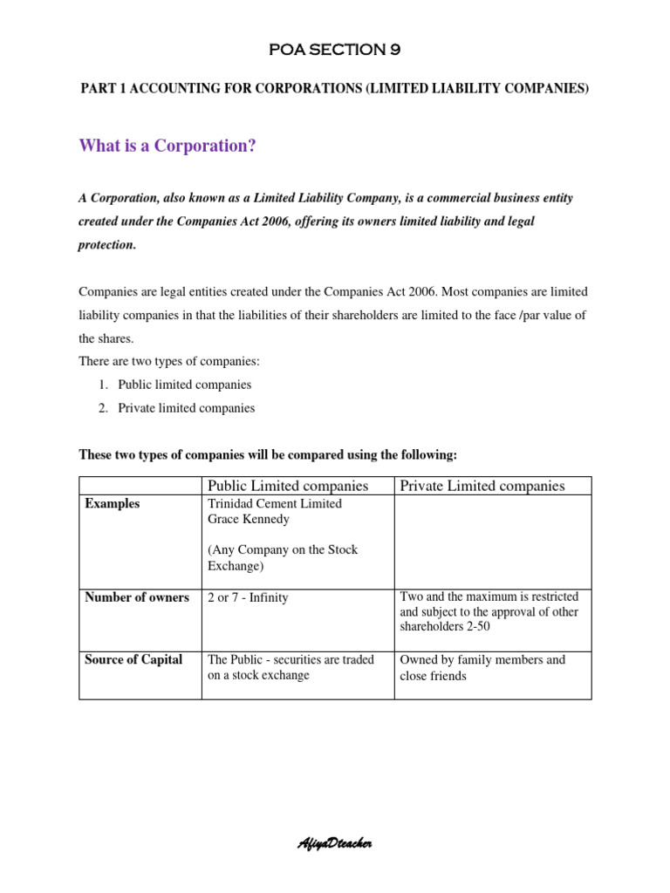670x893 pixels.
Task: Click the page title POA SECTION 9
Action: pos(335,50)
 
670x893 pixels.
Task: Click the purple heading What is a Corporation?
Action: pos(167,146)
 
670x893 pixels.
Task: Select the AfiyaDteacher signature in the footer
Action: pos(336,843)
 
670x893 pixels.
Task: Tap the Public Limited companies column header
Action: pos(287,486)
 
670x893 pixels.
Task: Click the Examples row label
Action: pos(112,504)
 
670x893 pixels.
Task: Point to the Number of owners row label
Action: pos(136,597)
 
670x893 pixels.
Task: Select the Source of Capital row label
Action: pos(133,659)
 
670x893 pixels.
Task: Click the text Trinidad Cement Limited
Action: pos(274,504)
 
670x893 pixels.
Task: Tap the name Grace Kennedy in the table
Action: pos(248,520)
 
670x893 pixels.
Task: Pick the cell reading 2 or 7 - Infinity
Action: pos(247,597)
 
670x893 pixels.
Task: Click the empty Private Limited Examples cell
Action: pos(492,541)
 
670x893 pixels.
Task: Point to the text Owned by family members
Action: pos(482,659)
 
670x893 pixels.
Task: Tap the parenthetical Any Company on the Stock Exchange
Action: pos(283,558)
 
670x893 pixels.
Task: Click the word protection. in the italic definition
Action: pos(107,245)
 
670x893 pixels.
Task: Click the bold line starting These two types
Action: pos(268,454)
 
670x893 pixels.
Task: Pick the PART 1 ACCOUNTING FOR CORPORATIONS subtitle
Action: pos(335,89)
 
